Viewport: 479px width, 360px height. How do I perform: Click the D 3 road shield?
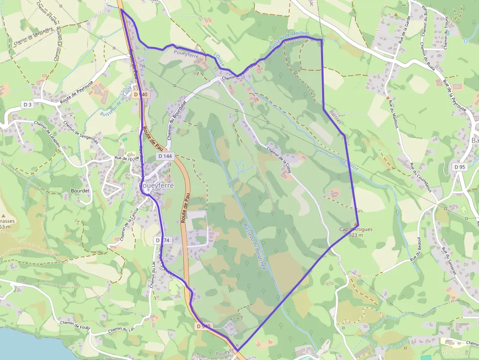27,105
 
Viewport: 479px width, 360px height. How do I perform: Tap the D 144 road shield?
165,156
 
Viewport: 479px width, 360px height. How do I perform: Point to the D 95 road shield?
459,167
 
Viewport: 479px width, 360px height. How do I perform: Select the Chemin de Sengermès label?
80,132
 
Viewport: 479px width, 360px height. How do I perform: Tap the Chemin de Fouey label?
75,324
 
